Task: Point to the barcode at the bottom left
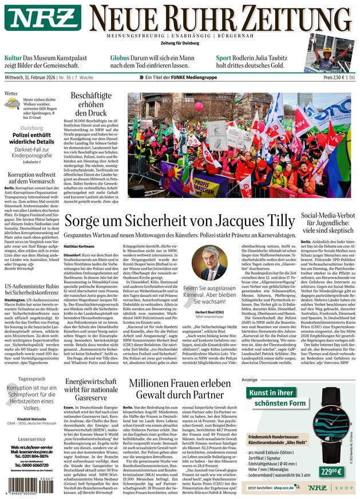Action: (x=27, y=479)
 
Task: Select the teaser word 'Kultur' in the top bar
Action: (x=13, y=58)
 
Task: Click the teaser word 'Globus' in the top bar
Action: (x=120, y=58)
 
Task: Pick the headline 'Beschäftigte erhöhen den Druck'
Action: (x=91, y=104)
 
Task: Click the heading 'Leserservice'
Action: (x=28, y=439)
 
